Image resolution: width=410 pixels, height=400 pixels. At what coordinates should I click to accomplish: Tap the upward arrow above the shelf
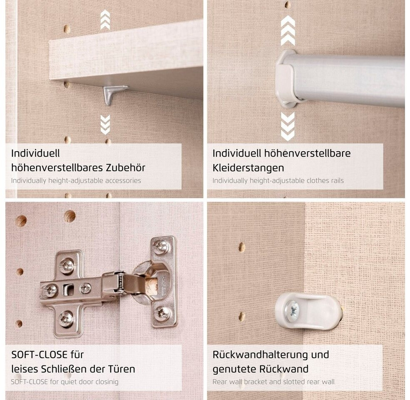[105, 20]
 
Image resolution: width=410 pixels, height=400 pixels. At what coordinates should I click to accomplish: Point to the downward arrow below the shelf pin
[105, 125]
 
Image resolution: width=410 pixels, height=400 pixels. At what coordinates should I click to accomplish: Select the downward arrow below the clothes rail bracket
[288, 126]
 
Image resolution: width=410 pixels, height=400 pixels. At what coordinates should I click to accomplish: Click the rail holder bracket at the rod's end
[286, 78]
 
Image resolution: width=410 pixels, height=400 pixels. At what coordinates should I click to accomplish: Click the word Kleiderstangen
[248, 168]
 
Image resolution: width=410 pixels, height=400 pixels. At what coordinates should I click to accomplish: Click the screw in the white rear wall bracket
[293, 311]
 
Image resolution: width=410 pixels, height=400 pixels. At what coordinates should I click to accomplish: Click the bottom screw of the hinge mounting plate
[66, 318]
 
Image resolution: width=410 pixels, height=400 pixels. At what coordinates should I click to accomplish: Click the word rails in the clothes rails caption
[337, 181]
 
